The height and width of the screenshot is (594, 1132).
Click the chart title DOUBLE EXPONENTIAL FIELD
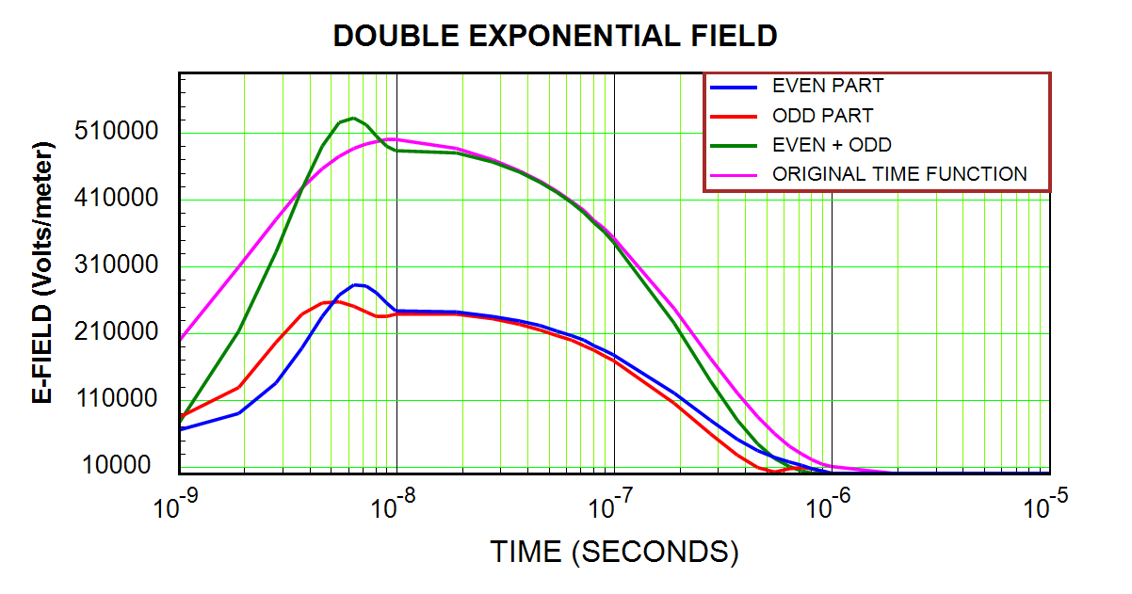coord(556,36)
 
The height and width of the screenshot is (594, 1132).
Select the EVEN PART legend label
coord(828,86)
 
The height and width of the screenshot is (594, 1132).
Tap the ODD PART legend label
coord(822,116)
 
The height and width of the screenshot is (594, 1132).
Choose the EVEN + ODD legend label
coord(832,145)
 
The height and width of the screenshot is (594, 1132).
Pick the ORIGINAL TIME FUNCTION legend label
coord(899,174)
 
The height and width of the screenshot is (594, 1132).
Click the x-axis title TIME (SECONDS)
coord(614,552)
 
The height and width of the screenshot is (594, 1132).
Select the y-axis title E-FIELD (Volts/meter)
coord(42,273)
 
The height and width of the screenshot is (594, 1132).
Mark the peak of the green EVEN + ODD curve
coord(353,119)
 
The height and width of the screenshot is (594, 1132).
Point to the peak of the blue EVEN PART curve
coord(355,284)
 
